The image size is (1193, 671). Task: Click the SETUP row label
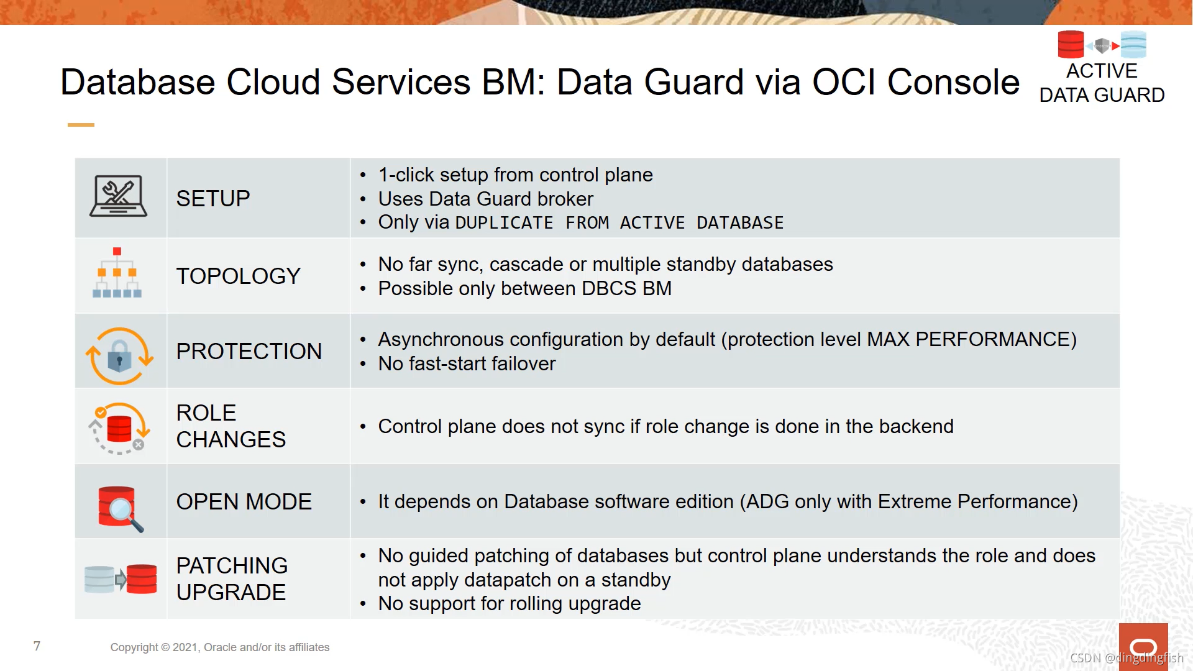click(x=213, y=199)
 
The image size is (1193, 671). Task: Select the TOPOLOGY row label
click(x=238, y=276)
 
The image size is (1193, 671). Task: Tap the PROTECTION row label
click(x=249, y=352)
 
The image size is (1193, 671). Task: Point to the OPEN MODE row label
click(x=244, y=502)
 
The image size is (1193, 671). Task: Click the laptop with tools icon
click(x=118, y=196)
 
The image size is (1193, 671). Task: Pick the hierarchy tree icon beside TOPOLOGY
click(x=117, y=273)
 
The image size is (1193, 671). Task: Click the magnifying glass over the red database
click(x=122, y=511)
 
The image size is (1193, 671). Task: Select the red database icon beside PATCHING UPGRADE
click(x=142, y=579)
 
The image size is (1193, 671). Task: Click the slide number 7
click(x=37, y=646)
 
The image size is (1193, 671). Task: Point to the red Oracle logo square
click(x=1143, y=646)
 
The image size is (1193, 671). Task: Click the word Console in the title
click(x=953, y=82)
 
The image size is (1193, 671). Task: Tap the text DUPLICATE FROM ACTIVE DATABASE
click(x=619, y=223)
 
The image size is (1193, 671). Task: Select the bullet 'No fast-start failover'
click(x=467, y=363)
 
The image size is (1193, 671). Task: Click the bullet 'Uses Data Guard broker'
click(x=485, y=199)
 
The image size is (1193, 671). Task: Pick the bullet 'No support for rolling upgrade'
click(x=509, y=603)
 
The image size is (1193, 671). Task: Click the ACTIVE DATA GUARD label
click(x=1102, y=83)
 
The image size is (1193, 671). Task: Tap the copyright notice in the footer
click(x=220, y=647)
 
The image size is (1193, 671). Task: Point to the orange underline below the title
click(x=81, y=125)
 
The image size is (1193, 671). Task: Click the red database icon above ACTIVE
click(x=1071, y=45)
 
